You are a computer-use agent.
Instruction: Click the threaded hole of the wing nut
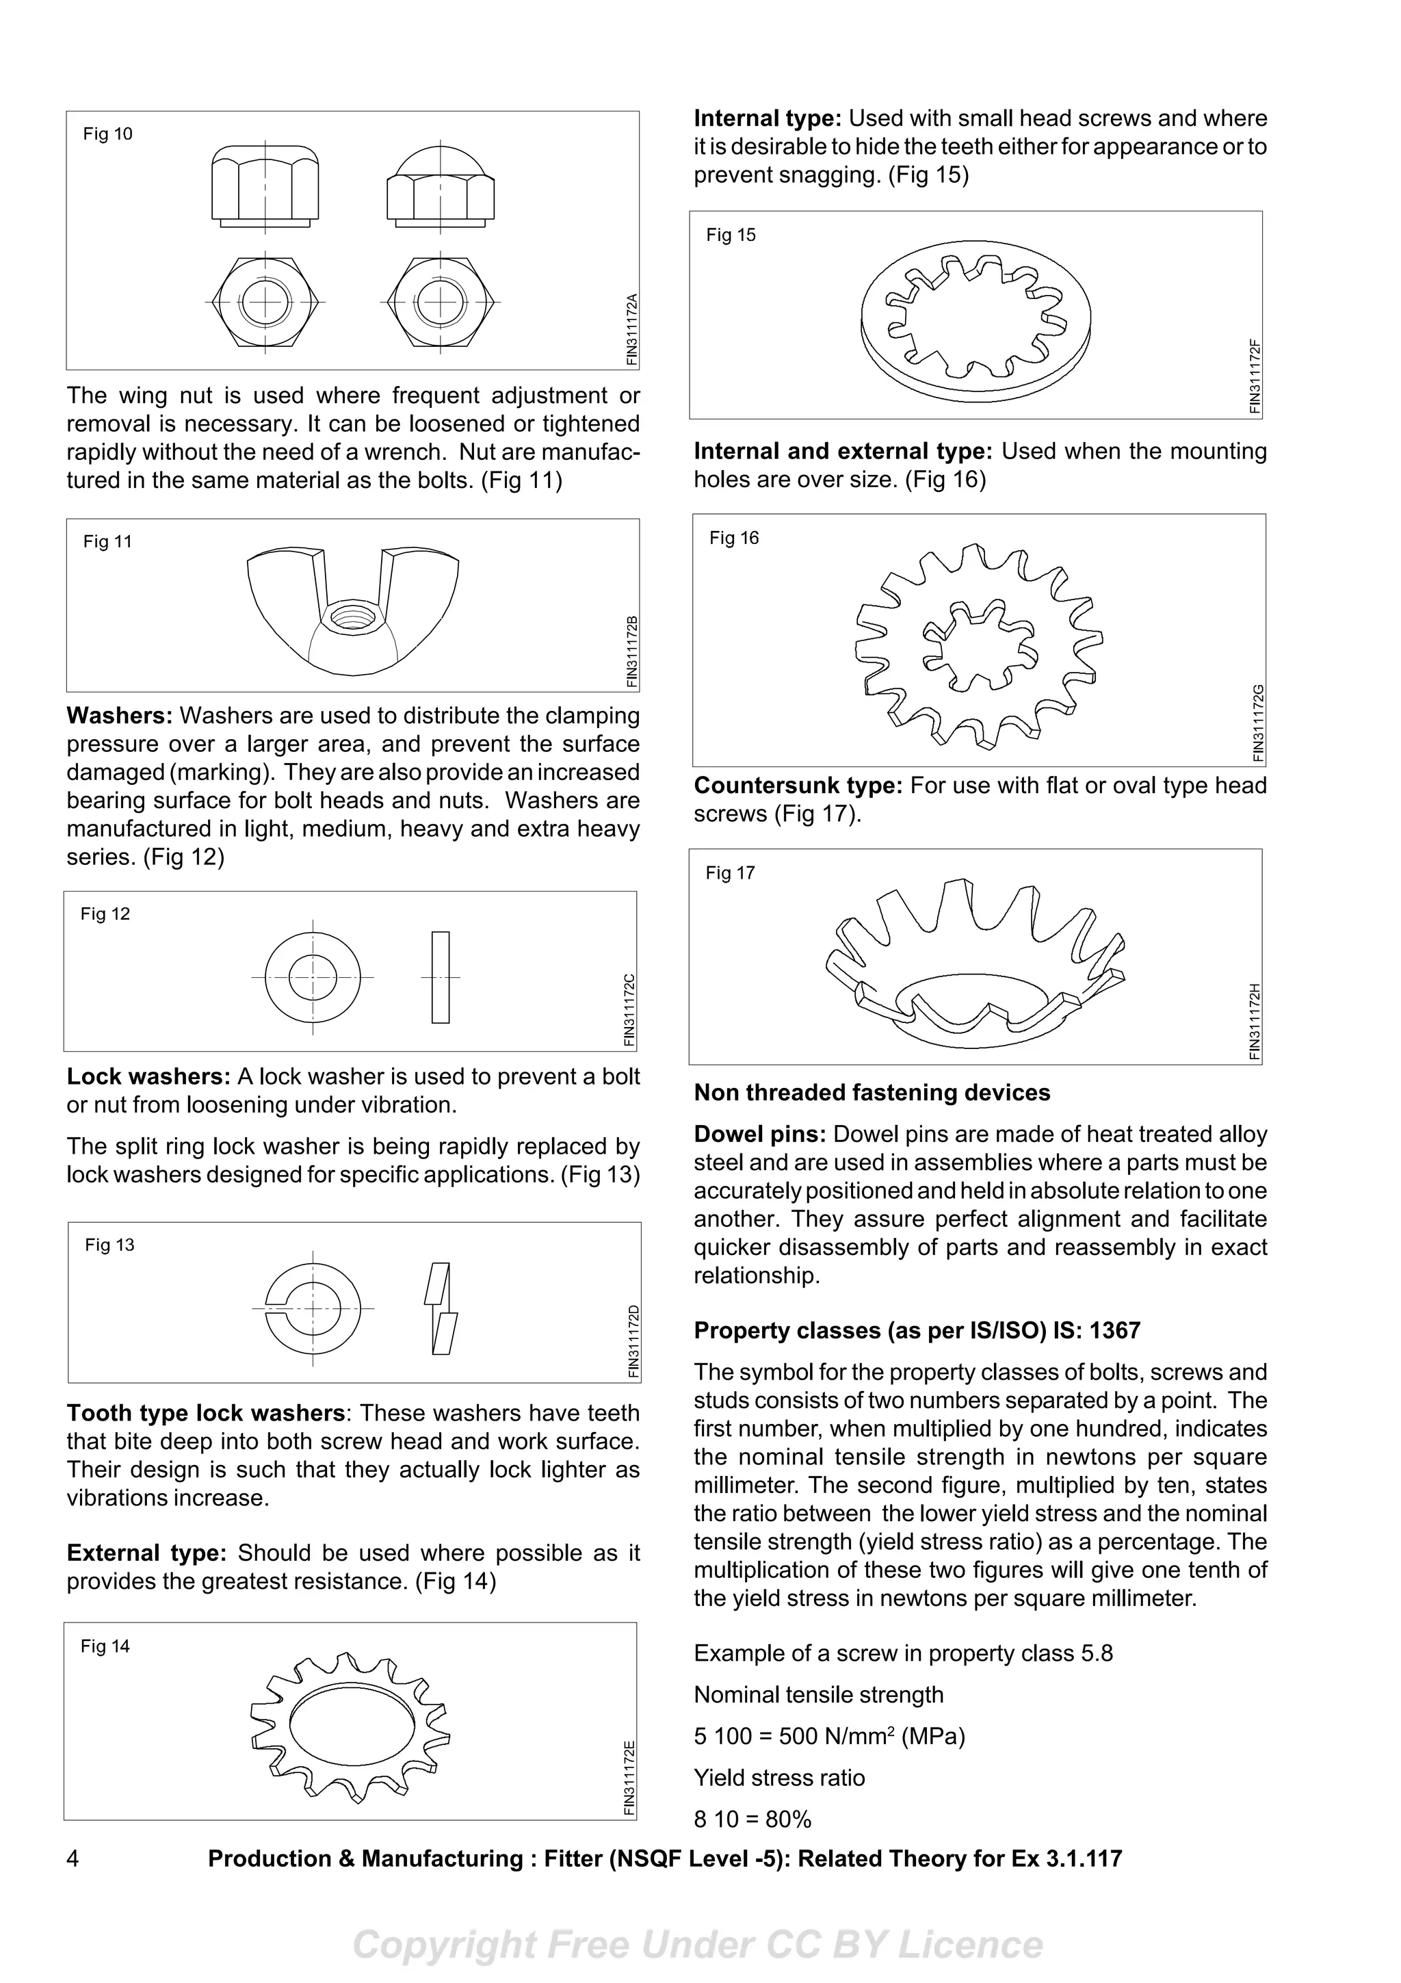pyautogui.click(x=350, y=617)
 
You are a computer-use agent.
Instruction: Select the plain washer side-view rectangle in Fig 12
pyautogui.click(x=441, y=977)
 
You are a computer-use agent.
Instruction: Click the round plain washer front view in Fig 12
pyautogui.click(x=313, y=977)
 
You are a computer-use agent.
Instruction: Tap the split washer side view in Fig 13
pyautogui.click(x=441, y=1308)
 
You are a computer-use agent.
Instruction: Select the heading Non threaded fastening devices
pyautogui.click(x=872, y=1093)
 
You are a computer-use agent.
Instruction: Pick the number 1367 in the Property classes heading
pyautogui.click(x=1114, y=1330)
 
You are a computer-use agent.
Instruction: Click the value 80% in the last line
pyautogui.click(x=788, y=1819)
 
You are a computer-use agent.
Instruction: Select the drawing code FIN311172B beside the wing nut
pyautogui.click(x=632, y=652)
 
